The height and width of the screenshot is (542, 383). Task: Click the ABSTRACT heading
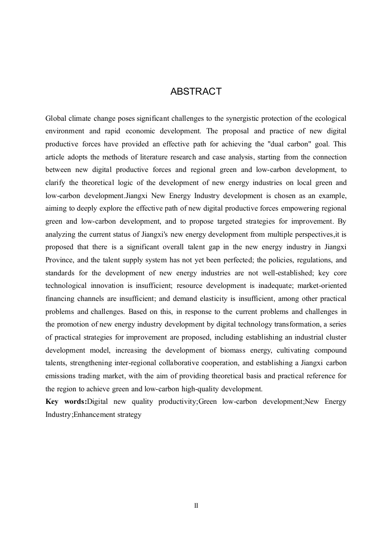(196, 92)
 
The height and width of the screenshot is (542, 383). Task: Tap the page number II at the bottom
(196, 506)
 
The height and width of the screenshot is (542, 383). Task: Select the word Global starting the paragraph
(57, 118)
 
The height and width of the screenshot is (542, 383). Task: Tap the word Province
(60, 260)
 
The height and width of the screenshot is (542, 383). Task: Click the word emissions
(62, 376)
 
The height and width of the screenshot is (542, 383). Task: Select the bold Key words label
(66, 402)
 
